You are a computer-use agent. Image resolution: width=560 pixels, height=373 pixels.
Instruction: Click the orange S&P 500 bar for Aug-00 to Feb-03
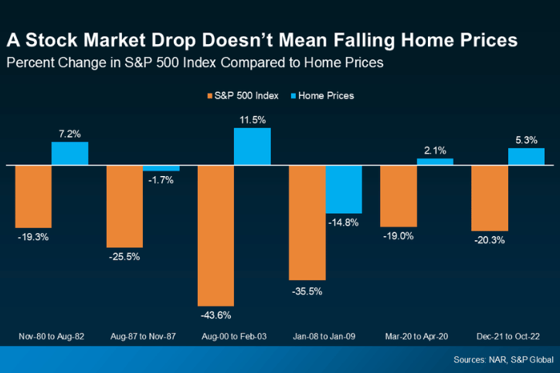coord(216,235)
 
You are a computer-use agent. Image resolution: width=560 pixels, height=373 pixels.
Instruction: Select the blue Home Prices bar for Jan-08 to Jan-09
coord(344,189)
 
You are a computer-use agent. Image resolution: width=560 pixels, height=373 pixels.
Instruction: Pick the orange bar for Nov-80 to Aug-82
coord(33,196)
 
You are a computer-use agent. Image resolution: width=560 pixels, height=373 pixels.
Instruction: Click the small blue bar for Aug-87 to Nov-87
coord(161,168)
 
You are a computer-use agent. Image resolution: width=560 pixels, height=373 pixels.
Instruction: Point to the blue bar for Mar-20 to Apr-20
coord(435,161)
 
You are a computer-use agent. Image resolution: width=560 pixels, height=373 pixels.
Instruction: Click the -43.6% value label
coord(216,315)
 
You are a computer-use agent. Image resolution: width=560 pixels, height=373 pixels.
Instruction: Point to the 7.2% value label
coord(70,134)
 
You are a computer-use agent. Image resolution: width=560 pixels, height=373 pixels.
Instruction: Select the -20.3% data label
coord(490,240)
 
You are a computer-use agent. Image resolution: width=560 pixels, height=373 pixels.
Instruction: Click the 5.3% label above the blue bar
coord(526,140)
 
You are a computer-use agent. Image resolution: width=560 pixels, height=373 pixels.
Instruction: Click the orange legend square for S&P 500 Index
coord(210,96)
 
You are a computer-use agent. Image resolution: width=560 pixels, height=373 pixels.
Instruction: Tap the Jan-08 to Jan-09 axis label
coord(325,337)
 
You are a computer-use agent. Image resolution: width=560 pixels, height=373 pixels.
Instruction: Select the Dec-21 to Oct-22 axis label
coord(507,337)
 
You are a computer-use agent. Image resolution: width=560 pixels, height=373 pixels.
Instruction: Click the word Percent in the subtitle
coord(29,63)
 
